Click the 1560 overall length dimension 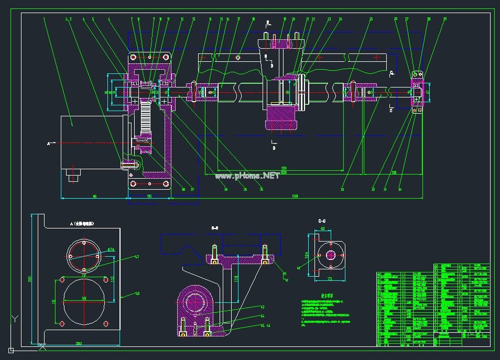coord(295,196)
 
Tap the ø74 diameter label coord(111,249)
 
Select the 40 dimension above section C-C coord(322,228)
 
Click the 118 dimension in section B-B coord(236,278)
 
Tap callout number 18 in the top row coord(253,19)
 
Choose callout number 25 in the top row coord(371,19)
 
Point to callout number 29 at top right coord(445,19)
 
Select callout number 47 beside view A coord(137,257)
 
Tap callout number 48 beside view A coord(137,294)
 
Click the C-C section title coord(322,221)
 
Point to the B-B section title coord(215,228)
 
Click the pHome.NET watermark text coord(247,176)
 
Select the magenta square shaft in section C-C coord(331,255)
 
